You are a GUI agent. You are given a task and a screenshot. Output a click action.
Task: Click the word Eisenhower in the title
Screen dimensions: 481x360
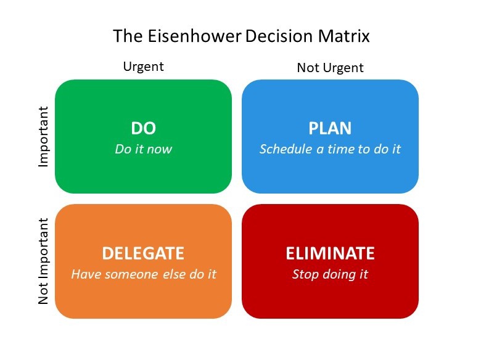pos(195,36)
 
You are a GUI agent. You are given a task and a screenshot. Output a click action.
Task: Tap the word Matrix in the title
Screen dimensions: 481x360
pos(343,36)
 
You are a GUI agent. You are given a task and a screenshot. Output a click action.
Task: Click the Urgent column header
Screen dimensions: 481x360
pos(143,67)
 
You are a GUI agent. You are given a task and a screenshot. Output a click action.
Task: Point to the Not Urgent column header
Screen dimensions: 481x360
pos(330,67)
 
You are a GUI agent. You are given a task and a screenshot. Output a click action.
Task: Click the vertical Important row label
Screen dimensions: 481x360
pos(44,137)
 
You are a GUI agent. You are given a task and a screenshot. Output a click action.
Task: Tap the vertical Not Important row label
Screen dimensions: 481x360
pos(44,261)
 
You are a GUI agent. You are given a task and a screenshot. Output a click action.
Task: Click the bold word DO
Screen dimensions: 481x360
pos(143,128)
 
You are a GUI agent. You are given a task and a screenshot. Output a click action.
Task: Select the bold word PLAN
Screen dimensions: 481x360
pos(330,128)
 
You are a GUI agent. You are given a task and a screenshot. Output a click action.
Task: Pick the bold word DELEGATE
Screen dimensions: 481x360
pos(143,253)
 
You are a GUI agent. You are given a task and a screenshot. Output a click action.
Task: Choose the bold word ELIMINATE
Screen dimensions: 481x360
pos(330,253)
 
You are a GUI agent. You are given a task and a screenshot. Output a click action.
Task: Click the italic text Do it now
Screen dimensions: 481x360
pos(143,149)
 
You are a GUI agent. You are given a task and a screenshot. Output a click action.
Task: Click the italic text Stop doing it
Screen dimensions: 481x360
pos(330,274)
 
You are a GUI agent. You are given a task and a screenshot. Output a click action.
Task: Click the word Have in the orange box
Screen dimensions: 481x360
pos(86,274)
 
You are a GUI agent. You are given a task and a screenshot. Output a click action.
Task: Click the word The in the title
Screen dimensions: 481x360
pos(128,36)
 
